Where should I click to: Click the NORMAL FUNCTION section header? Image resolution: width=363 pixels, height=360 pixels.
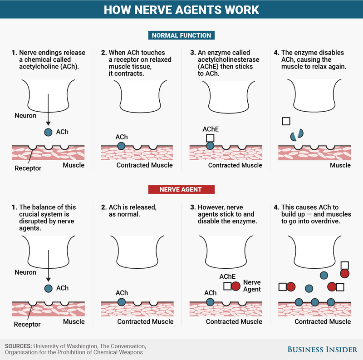click(181, 35)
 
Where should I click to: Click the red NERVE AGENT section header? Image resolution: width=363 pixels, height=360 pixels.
click(181, 189)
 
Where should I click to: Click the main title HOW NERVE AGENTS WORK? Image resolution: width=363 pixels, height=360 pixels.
click(181, 10)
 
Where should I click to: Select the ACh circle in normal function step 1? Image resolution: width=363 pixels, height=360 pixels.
click(48, 133)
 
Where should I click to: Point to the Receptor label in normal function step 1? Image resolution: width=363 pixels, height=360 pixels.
click(28, 168)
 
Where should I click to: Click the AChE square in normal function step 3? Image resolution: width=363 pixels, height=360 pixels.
click(210, 138)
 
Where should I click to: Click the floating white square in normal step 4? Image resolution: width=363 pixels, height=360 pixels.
click(286, 121)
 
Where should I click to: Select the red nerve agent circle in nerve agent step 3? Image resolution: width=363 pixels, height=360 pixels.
click(236, 286)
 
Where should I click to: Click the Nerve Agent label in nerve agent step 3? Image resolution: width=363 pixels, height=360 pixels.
click(252, 286)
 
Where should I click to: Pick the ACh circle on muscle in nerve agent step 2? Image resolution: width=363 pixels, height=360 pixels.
click(122, 301)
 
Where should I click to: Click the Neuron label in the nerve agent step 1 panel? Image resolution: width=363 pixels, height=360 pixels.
click(25, 272)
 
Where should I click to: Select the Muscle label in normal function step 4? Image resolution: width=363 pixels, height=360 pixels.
click(340, 165)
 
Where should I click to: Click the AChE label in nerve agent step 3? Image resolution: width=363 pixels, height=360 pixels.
click(227, 276)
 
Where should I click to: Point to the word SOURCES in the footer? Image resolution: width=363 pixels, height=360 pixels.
click(18, 346)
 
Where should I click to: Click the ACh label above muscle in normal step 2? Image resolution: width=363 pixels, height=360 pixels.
click(122, 137)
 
